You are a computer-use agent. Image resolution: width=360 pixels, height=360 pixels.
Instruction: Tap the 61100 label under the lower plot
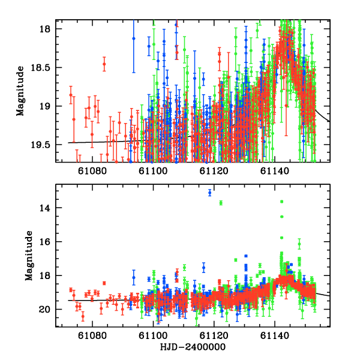click(x=153, y=336)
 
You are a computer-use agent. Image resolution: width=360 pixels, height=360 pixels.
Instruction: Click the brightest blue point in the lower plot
click(x=210, y=193)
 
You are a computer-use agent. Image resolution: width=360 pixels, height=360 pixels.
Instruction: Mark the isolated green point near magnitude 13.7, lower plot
click(x=221, y=203)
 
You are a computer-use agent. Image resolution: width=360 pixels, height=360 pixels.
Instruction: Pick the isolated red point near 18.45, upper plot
click(x=104, y=64)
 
